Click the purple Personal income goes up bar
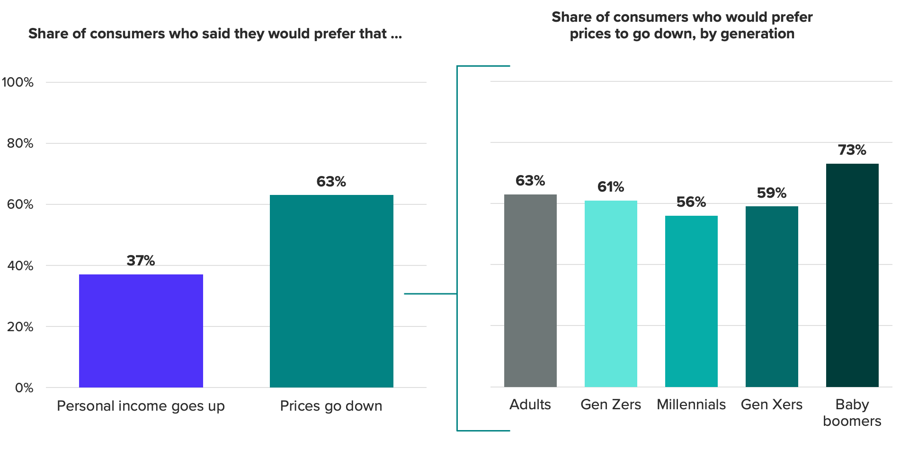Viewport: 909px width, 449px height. pyautogui.click(x=141, y=331)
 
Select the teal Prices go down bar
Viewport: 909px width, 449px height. pyautogui.click(x=331, y=291)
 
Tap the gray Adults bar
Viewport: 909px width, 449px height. pyautogui.click(x=530, y=291)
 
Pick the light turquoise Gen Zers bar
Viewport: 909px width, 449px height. pyautogui.click(x=611, y=294)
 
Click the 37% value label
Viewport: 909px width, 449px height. pyautogui.click(x=141, y=261)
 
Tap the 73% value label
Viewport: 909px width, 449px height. pyautogui.click(x=852, y=150)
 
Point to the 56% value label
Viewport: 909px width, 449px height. pyautogui.click(x=691, y=202)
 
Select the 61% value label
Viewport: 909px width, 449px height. pyautogui.click(x=611, y=187)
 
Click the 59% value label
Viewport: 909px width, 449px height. pyautogui.click(x=772, y=193)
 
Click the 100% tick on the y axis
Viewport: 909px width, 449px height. pyautogui.click(x=18, y=82)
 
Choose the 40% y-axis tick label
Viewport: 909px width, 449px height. pyautogui.click(x=20, y=266)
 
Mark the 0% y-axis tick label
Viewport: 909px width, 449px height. pyautogui.click(x=24, y=388)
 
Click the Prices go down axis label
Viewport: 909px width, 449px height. pyautogui.click(x=331, y=406)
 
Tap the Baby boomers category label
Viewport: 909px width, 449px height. pyautogui.click(x=852, y=413)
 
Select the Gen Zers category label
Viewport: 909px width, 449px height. pyautogui.click(x=611, y=405)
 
